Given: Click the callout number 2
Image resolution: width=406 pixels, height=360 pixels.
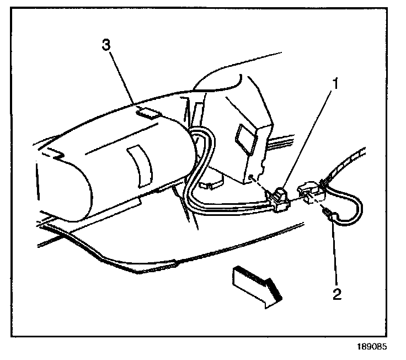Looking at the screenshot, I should click(336, 292).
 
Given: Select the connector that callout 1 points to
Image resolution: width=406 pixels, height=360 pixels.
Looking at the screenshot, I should click(281, 199).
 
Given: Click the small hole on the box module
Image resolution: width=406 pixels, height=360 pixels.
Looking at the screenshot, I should click(250, 177).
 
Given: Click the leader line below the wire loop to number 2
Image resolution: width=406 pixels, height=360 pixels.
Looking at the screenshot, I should click(334, 251).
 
